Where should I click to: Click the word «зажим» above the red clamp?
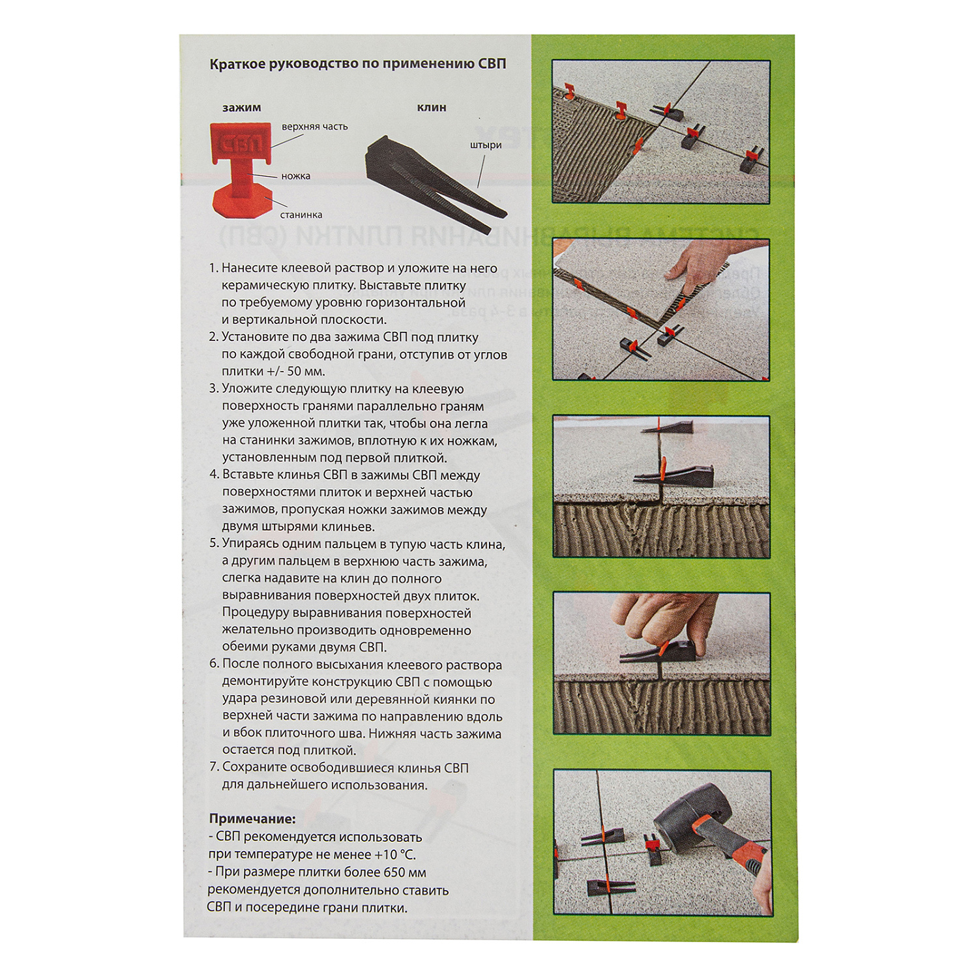point(241,108)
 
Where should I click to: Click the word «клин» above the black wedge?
point(432,108)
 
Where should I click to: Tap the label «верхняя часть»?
point(315,126)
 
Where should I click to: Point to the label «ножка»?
point(296,176)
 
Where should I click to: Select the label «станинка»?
point(301,215)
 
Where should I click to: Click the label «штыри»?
point(486,145)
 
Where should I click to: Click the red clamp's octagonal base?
point(241,200)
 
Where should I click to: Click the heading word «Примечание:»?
point(252,819)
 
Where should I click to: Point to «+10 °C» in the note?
point(394,854)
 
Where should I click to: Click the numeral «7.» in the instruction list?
point(215,767)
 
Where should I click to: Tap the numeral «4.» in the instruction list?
point(215,475)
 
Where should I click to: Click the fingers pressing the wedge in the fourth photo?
point(659,619)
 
